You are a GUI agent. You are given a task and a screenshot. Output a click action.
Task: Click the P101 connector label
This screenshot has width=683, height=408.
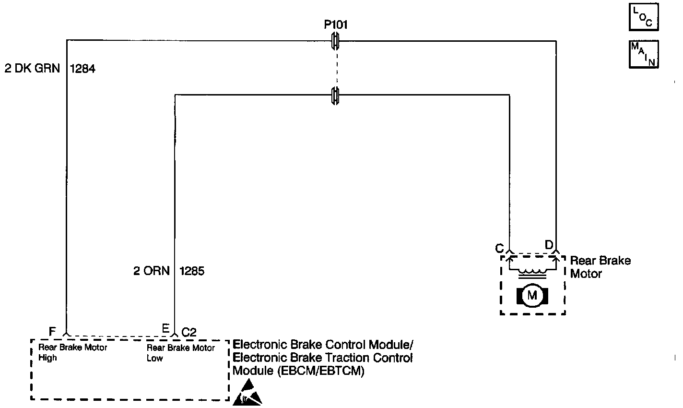pyautogui.click(x=336, y=25)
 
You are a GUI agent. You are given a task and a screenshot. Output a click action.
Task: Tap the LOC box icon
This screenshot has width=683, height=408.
pyautogui.click(x=643, y=18)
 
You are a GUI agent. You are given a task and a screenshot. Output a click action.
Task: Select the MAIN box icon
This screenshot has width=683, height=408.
pyautogui.click(x=643, y=54)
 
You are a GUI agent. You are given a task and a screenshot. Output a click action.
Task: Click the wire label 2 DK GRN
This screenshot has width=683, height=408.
pyautogui.click(x=32, y=69)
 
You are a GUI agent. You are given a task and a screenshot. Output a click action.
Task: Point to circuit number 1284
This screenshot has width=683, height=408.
pyautogui.click(x=82, y=69)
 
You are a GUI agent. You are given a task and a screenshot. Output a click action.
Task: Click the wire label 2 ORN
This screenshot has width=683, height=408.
pyautogui.click(x=152, y=271)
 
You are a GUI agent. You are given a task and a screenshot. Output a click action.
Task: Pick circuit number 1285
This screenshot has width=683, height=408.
pyautogui.click(x=192, y=271)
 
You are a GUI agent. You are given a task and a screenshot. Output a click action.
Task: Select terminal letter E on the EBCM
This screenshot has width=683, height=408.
pyautogui.click(x=165, y=329)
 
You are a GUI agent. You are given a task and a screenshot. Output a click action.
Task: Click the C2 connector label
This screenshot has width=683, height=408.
pyautogui.click(x=189, y=332)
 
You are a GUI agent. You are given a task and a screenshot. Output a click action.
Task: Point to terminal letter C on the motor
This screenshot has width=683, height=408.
pyautogui.click(x=499, y=248)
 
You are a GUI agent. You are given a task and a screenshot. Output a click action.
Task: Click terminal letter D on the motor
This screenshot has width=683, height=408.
pyautogui.click(x=549, y=245)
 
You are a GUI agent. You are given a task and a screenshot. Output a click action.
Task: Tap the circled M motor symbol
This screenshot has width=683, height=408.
pyautogui.click(x=532, y=295)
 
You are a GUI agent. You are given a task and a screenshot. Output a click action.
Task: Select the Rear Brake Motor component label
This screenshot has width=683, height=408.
pyautogui.click(x=600, y=267)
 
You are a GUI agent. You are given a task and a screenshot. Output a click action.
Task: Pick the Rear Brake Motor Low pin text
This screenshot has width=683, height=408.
pyautogui.click(x=181, y=352)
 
